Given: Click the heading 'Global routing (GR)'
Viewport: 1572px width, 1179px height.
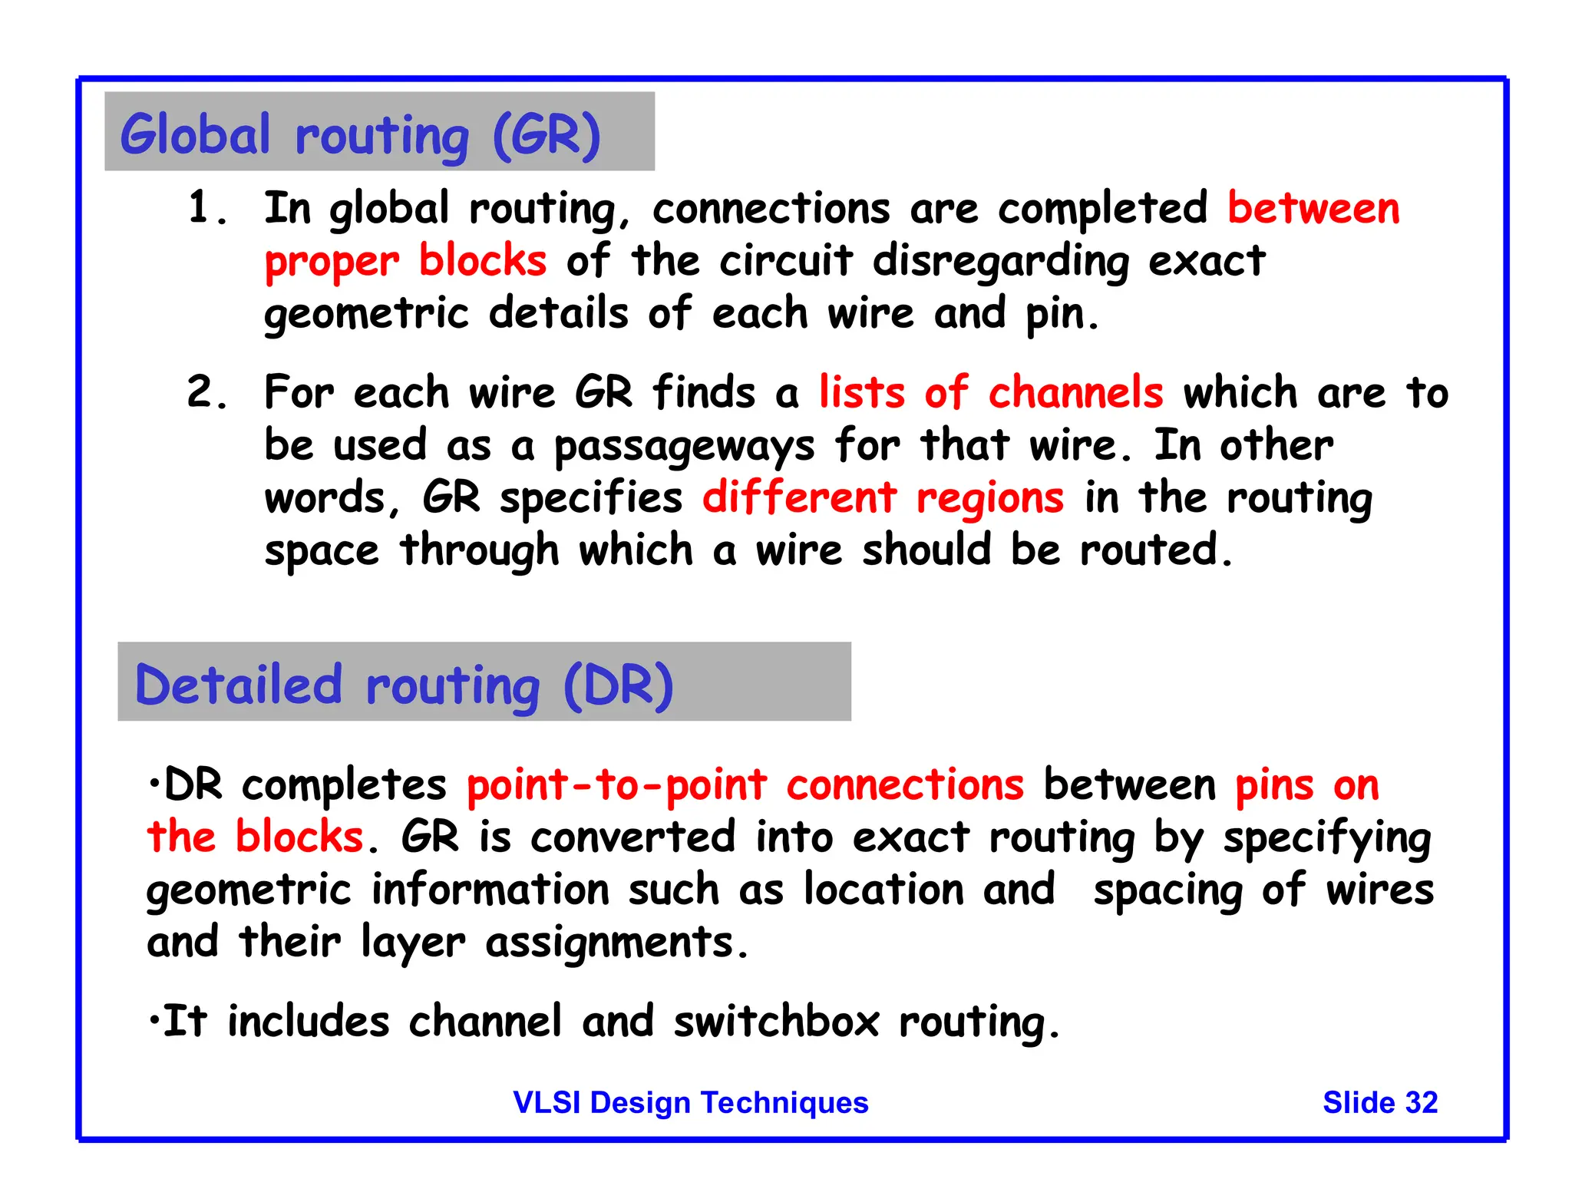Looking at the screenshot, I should [360, 135].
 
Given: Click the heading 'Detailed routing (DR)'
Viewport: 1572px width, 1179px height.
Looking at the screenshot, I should [404, 685].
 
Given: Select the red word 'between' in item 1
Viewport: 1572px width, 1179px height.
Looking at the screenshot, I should [1313, 209].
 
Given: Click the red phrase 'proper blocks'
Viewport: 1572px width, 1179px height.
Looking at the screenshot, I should [405, 262].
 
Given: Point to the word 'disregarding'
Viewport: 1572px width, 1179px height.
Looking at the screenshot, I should [1000, 262].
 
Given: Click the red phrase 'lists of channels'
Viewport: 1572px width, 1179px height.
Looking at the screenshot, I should [990, 392].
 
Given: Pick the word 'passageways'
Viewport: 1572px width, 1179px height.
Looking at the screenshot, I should [683, 447].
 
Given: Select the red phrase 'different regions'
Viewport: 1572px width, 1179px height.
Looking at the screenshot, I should [883, 497].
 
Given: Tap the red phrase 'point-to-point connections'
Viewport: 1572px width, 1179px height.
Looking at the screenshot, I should [745, 785].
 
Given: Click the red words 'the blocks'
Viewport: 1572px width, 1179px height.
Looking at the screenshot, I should [255, 837].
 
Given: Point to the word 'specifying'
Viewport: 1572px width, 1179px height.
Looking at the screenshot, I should [1326, 838].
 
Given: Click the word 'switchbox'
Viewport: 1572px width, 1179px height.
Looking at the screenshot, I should [776, 1022].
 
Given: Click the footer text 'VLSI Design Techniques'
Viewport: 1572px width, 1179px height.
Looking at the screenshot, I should [690, 1102].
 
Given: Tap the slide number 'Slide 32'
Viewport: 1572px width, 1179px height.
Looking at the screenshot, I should [1379, 1102].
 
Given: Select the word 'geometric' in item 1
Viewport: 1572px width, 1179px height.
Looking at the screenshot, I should [366, 315].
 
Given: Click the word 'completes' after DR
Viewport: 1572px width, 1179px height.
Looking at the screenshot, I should [344, 785].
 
